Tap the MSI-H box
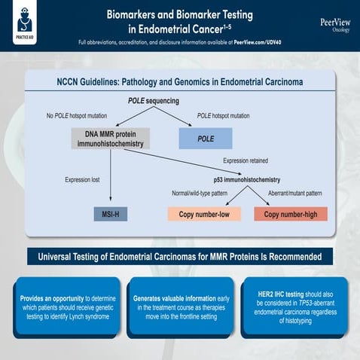[110, 214]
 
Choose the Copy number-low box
[203, 214]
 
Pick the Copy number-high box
[291, 214]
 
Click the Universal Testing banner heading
[180, 257]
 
